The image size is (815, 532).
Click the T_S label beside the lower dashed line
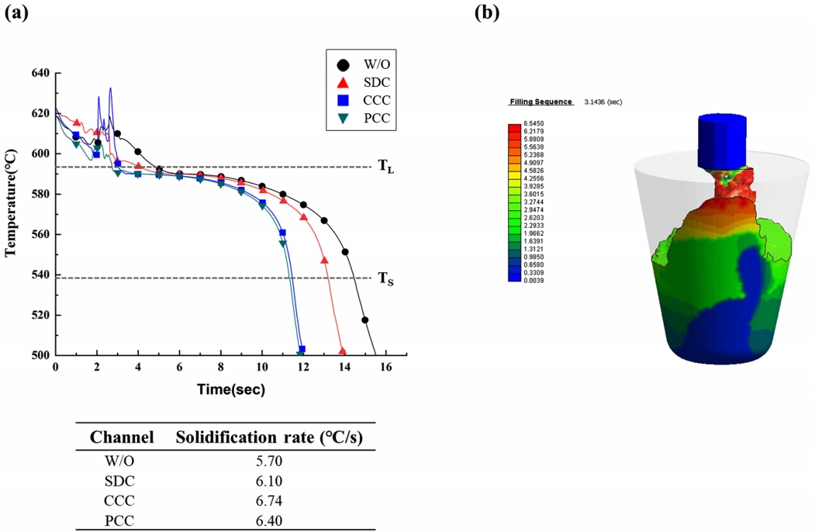pos(385,279)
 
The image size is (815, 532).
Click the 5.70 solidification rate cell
pos(271,461)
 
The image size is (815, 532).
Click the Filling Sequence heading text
pos(540,102)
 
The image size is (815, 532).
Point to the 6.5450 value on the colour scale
pos(536,124)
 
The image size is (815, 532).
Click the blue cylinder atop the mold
pos(724,140)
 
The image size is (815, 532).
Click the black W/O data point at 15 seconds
pos(364,320)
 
